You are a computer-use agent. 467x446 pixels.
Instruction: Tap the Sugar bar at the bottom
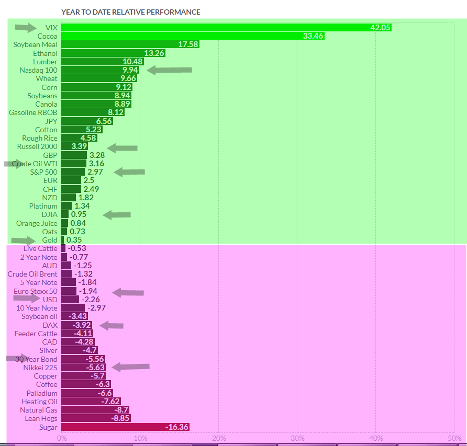[x=125, y=427]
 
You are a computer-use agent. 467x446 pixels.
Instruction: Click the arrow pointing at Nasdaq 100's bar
[x=170, y=70]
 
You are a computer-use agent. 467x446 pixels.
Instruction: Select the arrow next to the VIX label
[x=26, y=27]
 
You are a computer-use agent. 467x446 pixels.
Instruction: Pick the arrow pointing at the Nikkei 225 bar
[x=131, y=367]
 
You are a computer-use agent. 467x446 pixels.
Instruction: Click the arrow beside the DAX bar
[x=112, y=326]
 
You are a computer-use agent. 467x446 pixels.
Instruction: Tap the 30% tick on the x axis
[x=297, y=438]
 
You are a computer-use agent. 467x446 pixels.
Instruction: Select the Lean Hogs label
[x=41, y=418]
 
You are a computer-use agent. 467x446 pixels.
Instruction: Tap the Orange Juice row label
[x=36, y=223]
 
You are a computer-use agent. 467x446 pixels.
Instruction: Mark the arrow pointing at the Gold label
[x=23, y=241]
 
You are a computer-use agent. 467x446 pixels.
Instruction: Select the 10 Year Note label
[x=37, y=308]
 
